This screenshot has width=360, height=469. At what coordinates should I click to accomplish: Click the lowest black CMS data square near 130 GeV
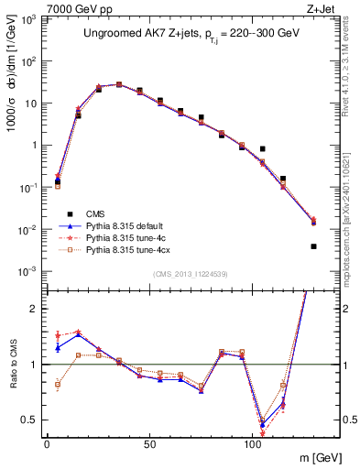pos(313,246)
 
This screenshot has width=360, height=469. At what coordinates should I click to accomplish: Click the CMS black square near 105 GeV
pos(263,148)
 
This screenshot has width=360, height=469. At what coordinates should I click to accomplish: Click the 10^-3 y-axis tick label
pos(30,271)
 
